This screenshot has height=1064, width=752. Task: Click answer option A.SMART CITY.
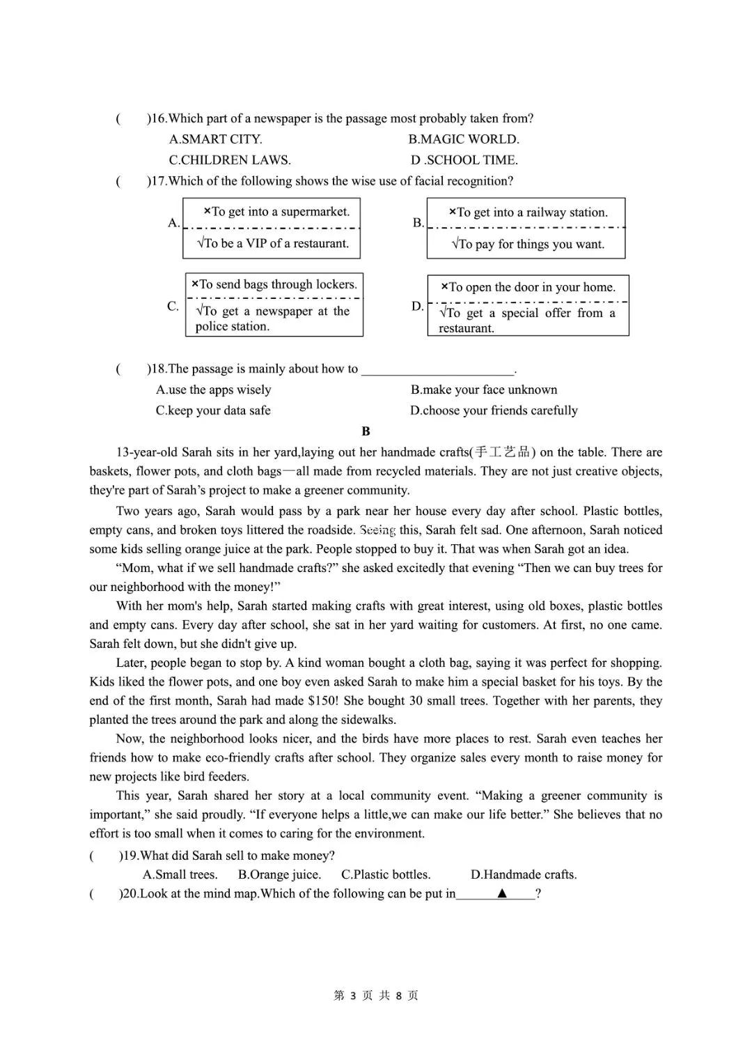point(215,139)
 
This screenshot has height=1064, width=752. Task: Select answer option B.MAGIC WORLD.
point(464,139)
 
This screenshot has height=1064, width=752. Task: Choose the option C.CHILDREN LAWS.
point(230,160)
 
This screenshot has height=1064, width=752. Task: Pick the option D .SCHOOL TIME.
point(464,160)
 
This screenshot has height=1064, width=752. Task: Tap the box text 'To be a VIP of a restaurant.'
point(273,244)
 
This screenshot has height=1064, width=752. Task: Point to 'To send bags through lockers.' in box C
point(274,284)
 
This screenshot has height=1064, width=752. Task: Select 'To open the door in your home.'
point(528,287)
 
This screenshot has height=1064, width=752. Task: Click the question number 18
point(157,369)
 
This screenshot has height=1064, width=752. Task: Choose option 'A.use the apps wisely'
point(213,390)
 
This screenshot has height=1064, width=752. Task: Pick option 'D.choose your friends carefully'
point(494,411)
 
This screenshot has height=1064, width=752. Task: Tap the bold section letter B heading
point(366,432)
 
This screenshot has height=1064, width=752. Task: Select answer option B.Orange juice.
point(279,875)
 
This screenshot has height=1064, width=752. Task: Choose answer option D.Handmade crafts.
point(524,875)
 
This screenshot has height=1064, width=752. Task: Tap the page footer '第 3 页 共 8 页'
point(376,996)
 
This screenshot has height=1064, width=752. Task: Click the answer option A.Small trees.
point(180,875)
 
